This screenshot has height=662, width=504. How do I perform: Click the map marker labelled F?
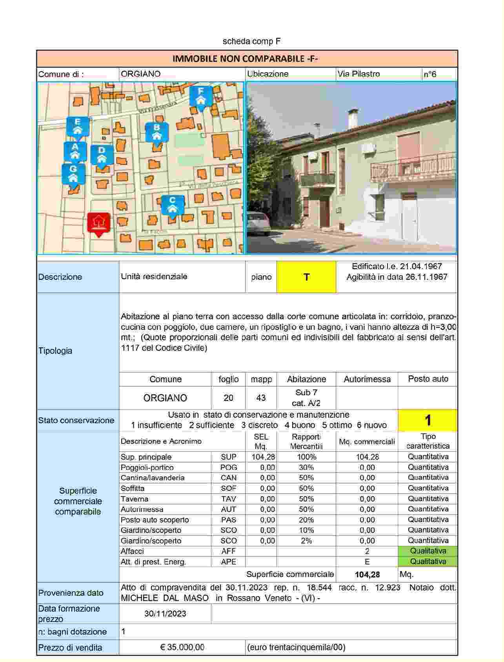pos(201,96)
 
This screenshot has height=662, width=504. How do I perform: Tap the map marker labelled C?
pos(172,205)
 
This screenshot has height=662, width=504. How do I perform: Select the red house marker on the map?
pos(98,224)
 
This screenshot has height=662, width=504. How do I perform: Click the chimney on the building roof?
pos(352,119)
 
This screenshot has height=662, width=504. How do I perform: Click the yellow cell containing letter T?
pos(306,277)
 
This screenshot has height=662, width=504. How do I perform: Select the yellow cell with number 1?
pos(428,420)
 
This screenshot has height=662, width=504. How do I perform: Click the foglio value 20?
pos(228,398)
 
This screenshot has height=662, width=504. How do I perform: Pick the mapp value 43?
pos(261,398)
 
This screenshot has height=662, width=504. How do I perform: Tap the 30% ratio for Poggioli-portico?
pos(306,467)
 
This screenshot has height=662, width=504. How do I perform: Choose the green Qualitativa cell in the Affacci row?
pos(428,551)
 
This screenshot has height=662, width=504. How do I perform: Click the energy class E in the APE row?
pos(367,562)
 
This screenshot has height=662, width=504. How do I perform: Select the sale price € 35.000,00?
pos(182,647)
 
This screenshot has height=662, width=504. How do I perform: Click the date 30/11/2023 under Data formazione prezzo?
pos(165,614)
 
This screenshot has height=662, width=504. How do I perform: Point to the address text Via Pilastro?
pos(358,74)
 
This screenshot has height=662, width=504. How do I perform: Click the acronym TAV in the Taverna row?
pos(228,499)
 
